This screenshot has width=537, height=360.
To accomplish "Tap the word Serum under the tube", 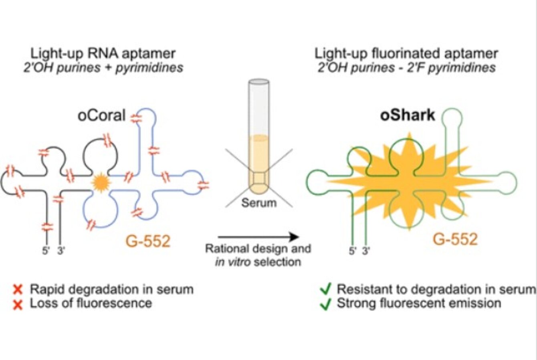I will (x=259, y=202).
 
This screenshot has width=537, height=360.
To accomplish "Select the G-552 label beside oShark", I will (x=455, y=239).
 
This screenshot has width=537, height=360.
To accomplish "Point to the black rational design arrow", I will (x=258, y=237).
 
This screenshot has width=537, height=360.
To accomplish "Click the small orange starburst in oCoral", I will (x=100, y=182).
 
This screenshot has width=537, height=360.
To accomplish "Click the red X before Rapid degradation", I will (x=17, y=289).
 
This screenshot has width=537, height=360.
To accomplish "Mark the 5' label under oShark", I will (x=352, y=251).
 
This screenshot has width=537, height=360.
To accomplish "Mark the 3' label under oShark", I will (x=366, y=251).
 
